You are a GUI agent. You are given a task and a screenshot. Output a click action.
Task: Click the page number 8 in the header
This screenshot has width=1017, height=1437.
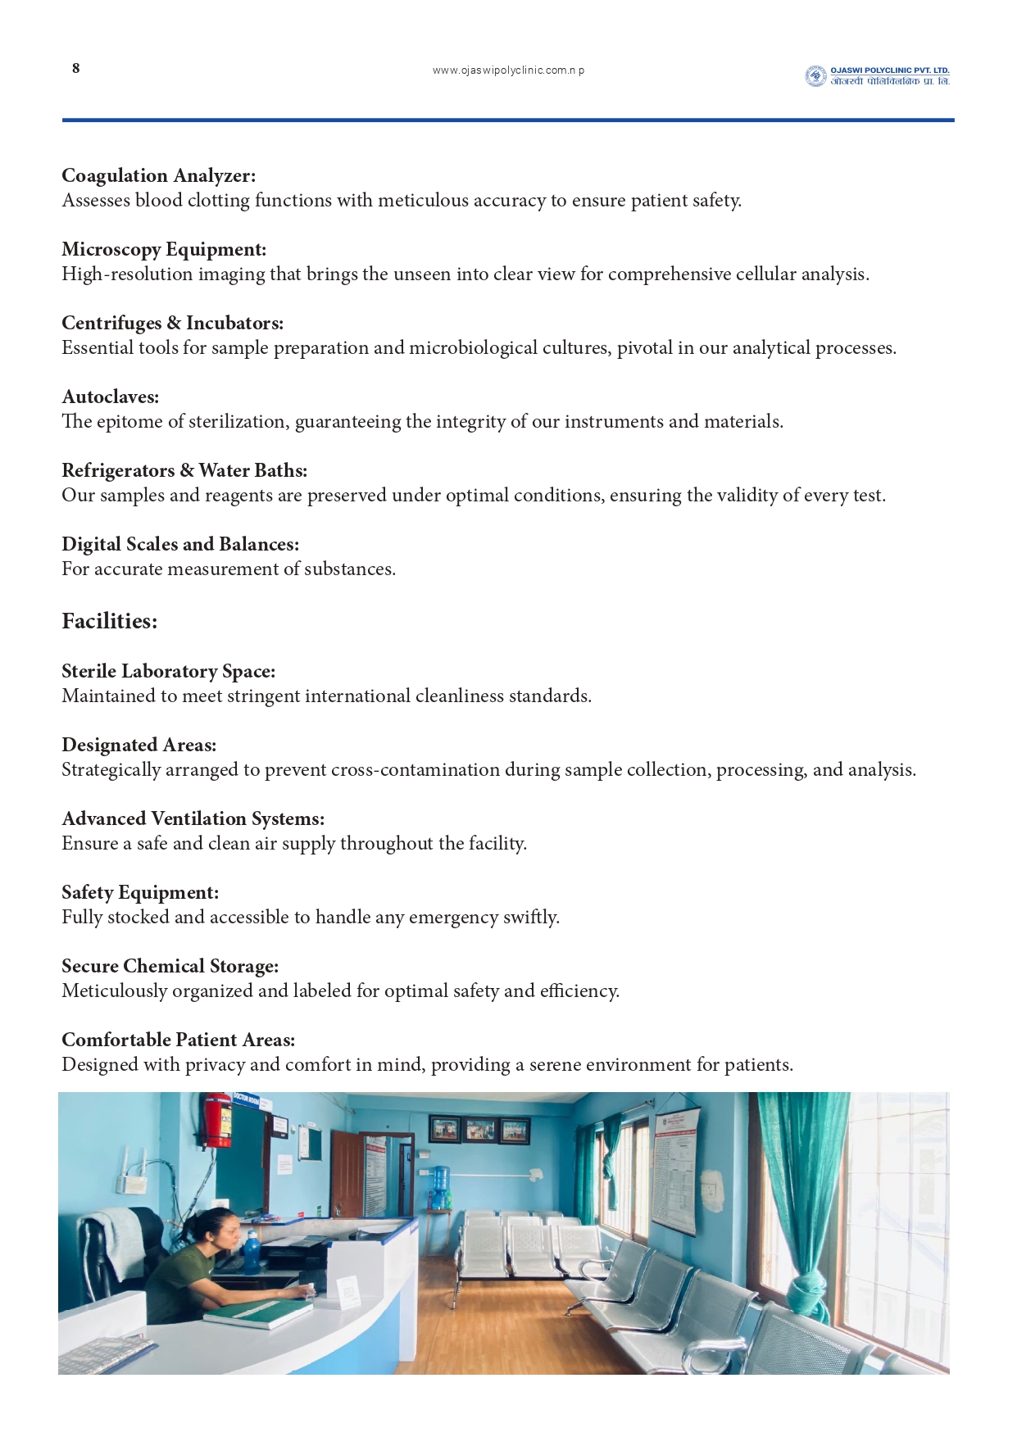coord(76,68)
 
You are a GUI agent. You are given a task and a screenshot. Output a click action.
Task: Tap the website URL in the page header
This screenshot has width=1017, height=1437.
coord(508,70)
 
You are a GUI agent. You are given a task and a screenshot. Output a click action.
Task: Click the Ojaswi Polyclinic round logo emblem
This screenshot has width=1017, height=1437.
coord(815,76)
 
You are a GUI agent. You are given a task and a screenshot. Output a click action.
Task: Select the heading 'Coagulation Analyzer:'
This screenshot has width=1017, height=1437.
coord(158,175)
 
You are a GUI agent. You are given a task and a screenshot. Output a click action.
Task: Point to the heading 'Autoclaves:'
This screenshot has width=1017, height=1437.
coord(111,397)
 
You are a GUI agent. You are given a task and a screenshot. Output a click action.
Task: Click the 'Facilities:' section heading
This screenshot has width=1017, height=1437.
coord(109,621)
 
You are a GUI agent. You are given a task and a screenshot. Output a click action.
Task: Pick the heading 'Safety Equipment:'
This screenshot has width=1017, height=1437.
coord(140,892)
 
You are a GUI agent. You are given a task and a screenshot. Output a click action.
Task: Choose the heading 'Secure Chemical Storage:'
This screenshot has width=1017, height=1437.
coord(170,966)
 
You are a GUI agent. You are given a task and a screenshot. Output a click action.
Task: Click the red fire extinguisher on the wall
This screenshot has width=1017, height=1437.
coord(219,1121)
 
